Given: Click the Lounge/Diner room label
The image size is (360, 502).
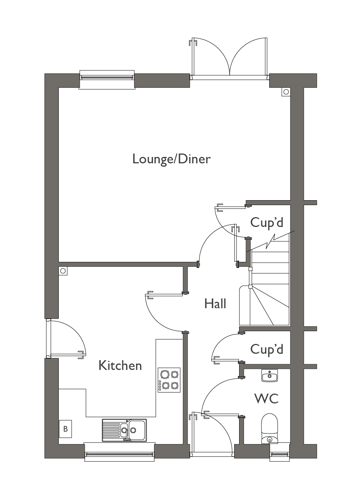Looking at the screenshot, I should [171, 159].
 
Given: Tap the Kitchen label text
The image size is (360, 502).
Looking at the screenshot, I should [120, 365].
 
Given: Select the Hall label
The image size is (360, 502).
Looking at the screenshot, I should [215, 304].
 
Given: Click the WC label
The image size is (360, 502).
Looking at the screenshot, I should [266, 399].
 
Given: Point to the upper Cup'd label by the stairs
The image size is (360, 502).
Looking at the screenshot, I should [267, 222].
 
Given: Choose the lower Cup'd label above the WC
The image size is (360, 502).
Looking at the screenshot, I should [267, 349].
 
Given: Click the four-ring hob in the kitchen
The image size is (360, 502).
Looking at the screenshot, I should [169, 380].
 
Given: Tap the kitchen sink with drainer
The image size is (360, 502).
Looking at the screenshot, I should [124, 430].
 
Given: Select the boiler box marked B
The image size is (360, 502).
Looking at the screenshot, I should [66, 429].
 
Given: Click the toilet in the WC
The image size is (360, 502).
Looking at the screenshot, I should [269, 429].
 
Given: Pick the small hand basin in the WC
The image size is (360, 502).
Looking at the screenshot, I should [269, 375].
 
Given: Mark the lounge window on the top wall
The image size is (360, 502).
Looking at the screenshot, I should [107, 78].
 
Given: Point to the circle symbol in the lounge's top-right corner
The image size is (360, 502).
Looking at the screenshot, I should [286, 92].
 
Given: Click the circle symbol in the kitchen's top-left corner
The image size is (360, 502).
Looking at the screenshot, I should [63, 271].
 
